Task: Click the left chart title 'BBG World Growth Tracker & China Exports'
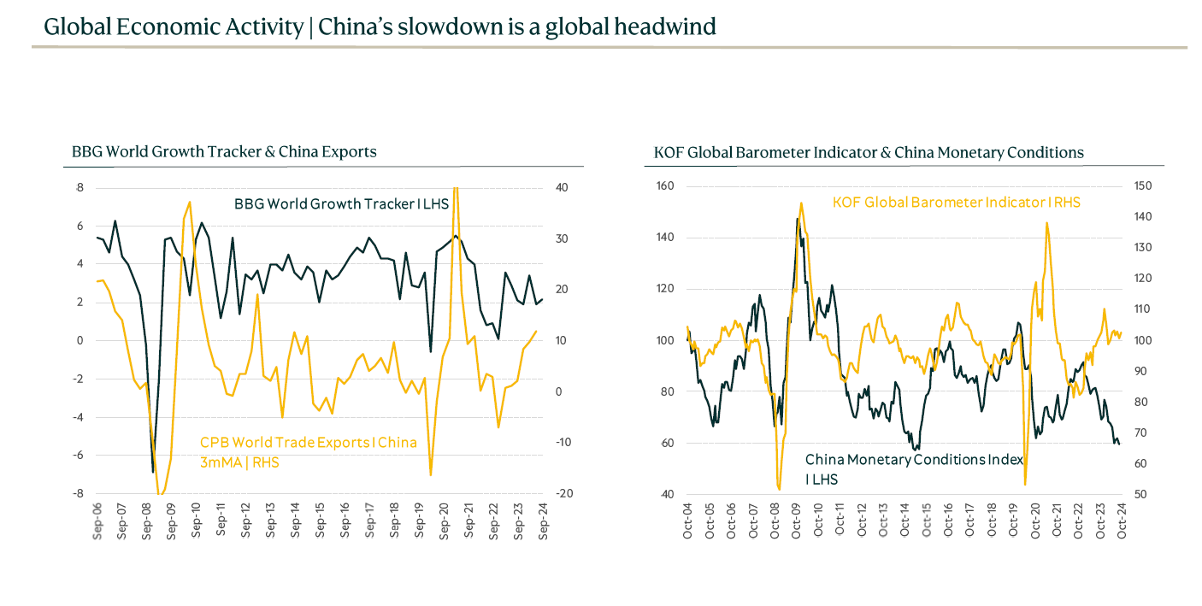pyautogui.click(x=224, y=152)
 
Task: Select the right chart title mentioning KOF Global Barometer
pyautogui.click(x=869, y=153)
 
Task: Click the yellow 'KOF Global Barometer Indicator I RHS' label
pyautogui.click(x=957, y=203)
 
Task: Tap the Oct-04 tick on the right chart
pyautogui.click(x=688, y=520)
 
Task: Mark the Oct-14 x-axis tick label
pyautogui.click(x=904, y=520)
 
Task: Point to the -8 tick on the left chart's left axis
pyautogui.click(x=79, y=494)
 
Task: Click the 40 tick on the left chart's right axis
pyautogui.click(x=563, y=188)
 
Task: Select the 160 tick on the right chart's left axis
pyautogui.click(x=664, y=186)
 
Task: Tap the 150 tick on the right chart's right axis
pyautogui.click(x=1143, y=186)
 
